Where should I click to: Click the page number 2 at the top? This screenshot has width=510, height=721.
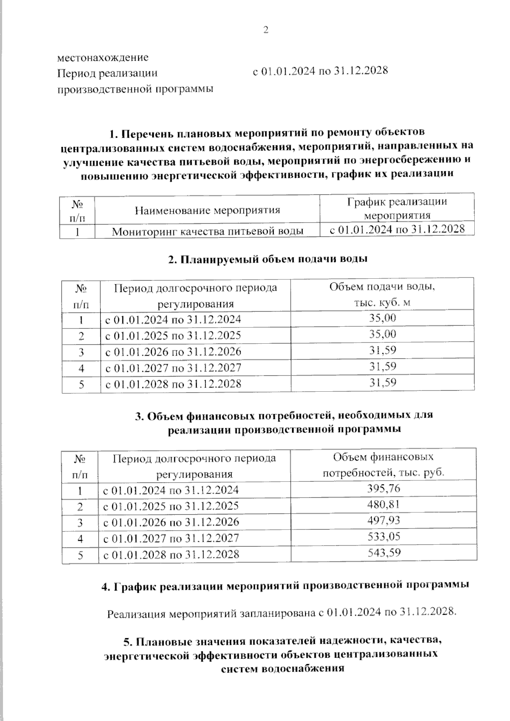click(x=266, y=30)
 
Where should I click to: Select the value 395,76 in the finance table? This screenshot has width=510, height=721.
click(x=383, y=489)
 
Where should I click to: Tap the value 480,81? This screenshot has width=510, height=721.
click(x=383, y=505)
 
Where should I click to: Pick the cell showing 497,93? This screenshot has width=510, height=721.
click(x=383, y=520)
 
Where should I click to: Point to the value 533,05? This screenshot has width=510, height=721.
click(x=383, y=537)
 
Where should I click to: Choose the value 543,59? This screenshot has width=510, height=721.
click(x=383, y=553)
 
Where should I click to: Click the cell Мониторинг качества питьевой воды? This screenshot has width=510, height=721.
click(x=207, y=231)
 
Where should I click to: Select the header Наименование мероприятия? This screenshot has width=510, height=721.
click(x=207, y=210)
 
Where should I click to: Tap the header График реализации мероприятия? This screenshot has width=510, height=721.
click(x=397, y=208)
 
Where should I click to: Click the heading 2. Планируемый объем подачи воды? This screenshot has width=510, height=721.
click(x=268, y=259)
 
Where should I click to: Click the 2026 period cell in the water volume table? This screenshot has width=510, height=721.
click(x=173, y=352)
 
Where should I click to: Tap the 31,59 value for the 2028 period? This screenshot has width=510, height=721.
click(x=382, y=383)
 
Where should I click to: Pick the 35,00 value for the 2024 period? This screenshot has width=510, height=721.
click(x=382, y=318)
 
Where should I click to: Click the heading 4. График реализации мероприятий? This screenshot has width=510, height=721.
click(x=285, y=585)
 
